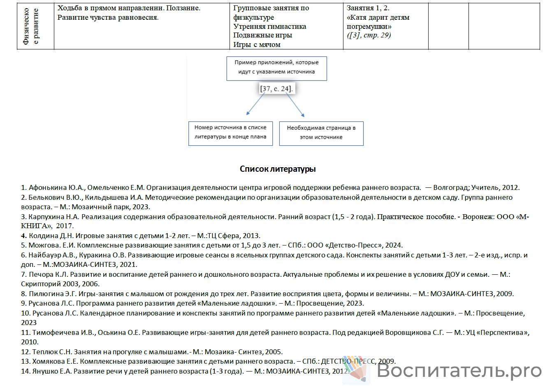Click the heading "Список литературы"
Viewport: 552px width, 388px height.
pos(278,169)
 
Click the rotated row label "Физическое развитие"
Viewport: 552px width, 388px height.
pos(31,26)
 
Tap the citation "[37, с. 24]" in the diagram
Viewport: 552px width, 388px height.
pos(276,89)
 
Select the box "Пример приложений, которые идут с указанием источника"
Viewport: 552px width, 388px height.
pos(276,68)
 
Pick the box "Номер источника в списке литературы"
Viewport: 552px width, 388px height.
pos(230,133)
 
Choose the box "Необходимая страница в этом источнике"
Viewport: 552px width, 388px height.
pos(321,133)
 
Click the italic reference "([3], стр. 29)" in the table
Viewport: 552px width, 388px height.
pos(369,35)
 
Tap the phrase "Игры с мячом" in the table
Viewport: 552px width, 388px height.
pos(257,44)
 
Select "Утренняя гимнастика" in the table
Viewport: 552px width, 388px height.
pos(269,26)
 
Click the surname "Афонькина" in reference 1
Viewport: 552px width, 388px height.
pos(45,188)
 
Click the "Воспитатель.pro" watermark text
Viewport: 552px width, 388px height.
pos(459,371)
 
